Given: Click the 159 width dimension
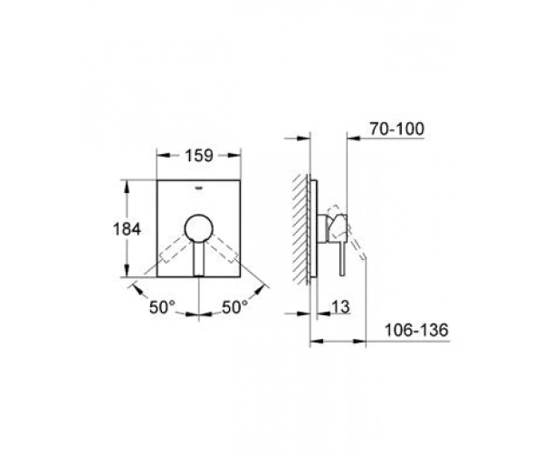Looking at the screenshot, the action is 199,156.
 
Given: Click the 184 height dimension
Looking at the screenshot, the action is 127,229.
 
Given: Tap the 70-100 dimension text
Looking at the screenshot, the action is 397,129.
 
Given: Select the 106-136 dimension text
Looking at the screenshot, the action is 416,330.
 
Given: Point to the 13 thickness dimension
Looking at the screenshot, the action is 341,307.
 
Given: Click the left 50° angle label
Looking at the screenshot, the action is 162,307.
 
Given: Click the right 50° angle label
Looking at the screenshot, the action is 234,307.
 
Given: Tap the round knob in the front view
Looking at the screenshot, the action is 199,228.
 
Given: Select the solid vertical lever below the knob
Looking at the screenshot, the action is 199,258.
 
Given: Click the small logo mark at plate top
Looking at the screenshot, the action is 199,188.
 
